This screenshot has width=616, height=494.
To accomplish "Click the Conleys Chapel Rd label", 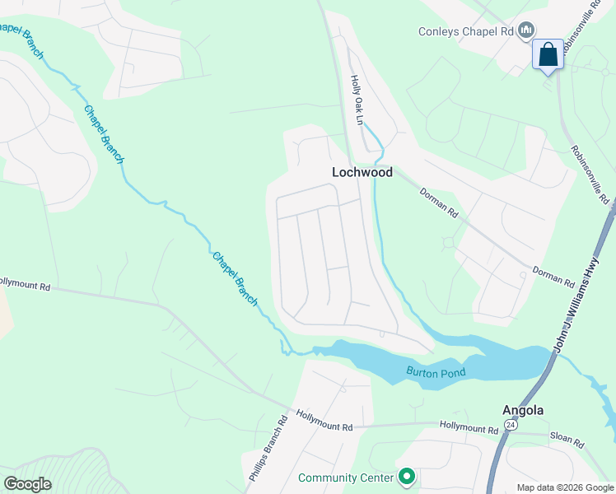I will point(465,32).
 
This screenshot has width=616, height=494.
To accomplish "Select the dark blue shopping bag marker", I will point(548,56).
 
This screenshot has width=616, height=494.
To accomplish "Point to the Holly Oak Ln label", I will point(357,100).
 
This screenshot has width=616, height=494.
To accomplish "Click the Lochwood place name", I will point(362,173).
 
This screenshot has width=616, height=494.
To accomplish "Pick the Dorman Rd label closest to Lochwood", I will point(438,202).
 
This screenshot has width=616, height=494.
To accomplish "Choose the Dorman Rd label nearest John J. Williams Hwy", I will point(553,277).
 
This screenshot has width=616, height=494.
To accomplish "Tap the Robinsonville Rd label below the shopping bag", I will point(589,175).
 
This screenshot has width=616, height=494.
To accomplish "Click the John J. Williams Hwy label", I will point(585,305).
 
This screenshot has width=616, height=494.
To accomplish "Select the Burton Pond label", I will point(436,372).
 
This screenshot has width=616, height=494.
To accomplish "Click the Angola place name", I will point(523,410).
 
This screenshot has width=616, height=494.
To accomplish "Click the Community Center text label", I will point(346,478).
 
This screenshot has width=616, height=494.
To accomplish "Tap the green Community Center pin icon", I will point(406,477).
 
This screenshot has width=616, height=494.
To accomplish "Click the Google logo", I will point(27,483).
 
